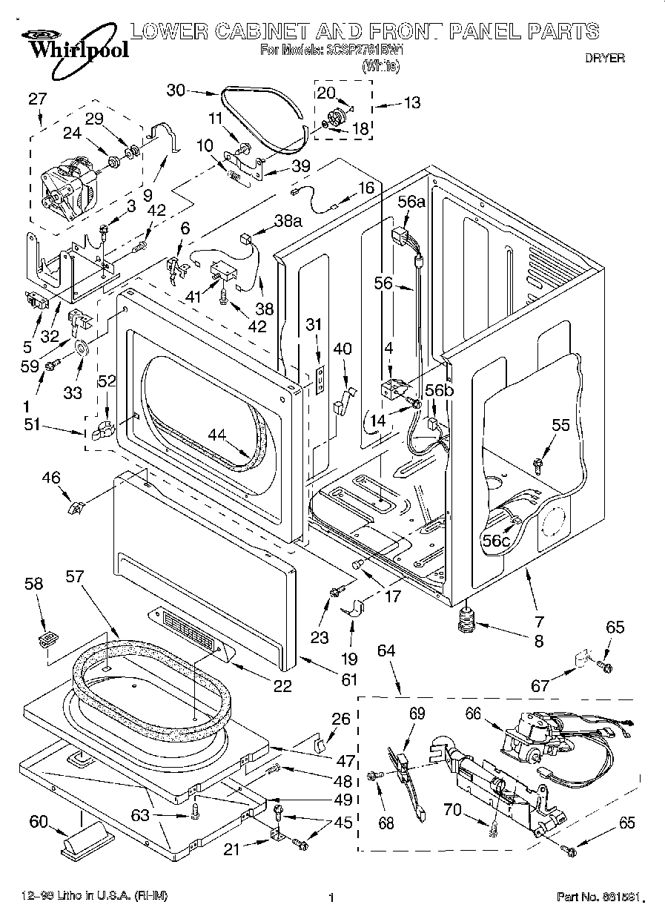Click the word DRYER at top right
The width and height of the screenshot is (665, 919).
[605, 57]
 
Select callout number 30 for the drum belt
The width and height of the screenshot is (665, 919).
[176, 90]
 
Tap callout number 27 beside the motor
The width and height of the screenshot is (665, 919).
[38, 100]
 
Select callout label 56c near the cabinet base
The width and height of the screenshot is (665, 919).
[496, 541]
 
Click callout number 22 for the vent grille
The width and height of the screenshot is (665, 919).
[282, 686]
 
